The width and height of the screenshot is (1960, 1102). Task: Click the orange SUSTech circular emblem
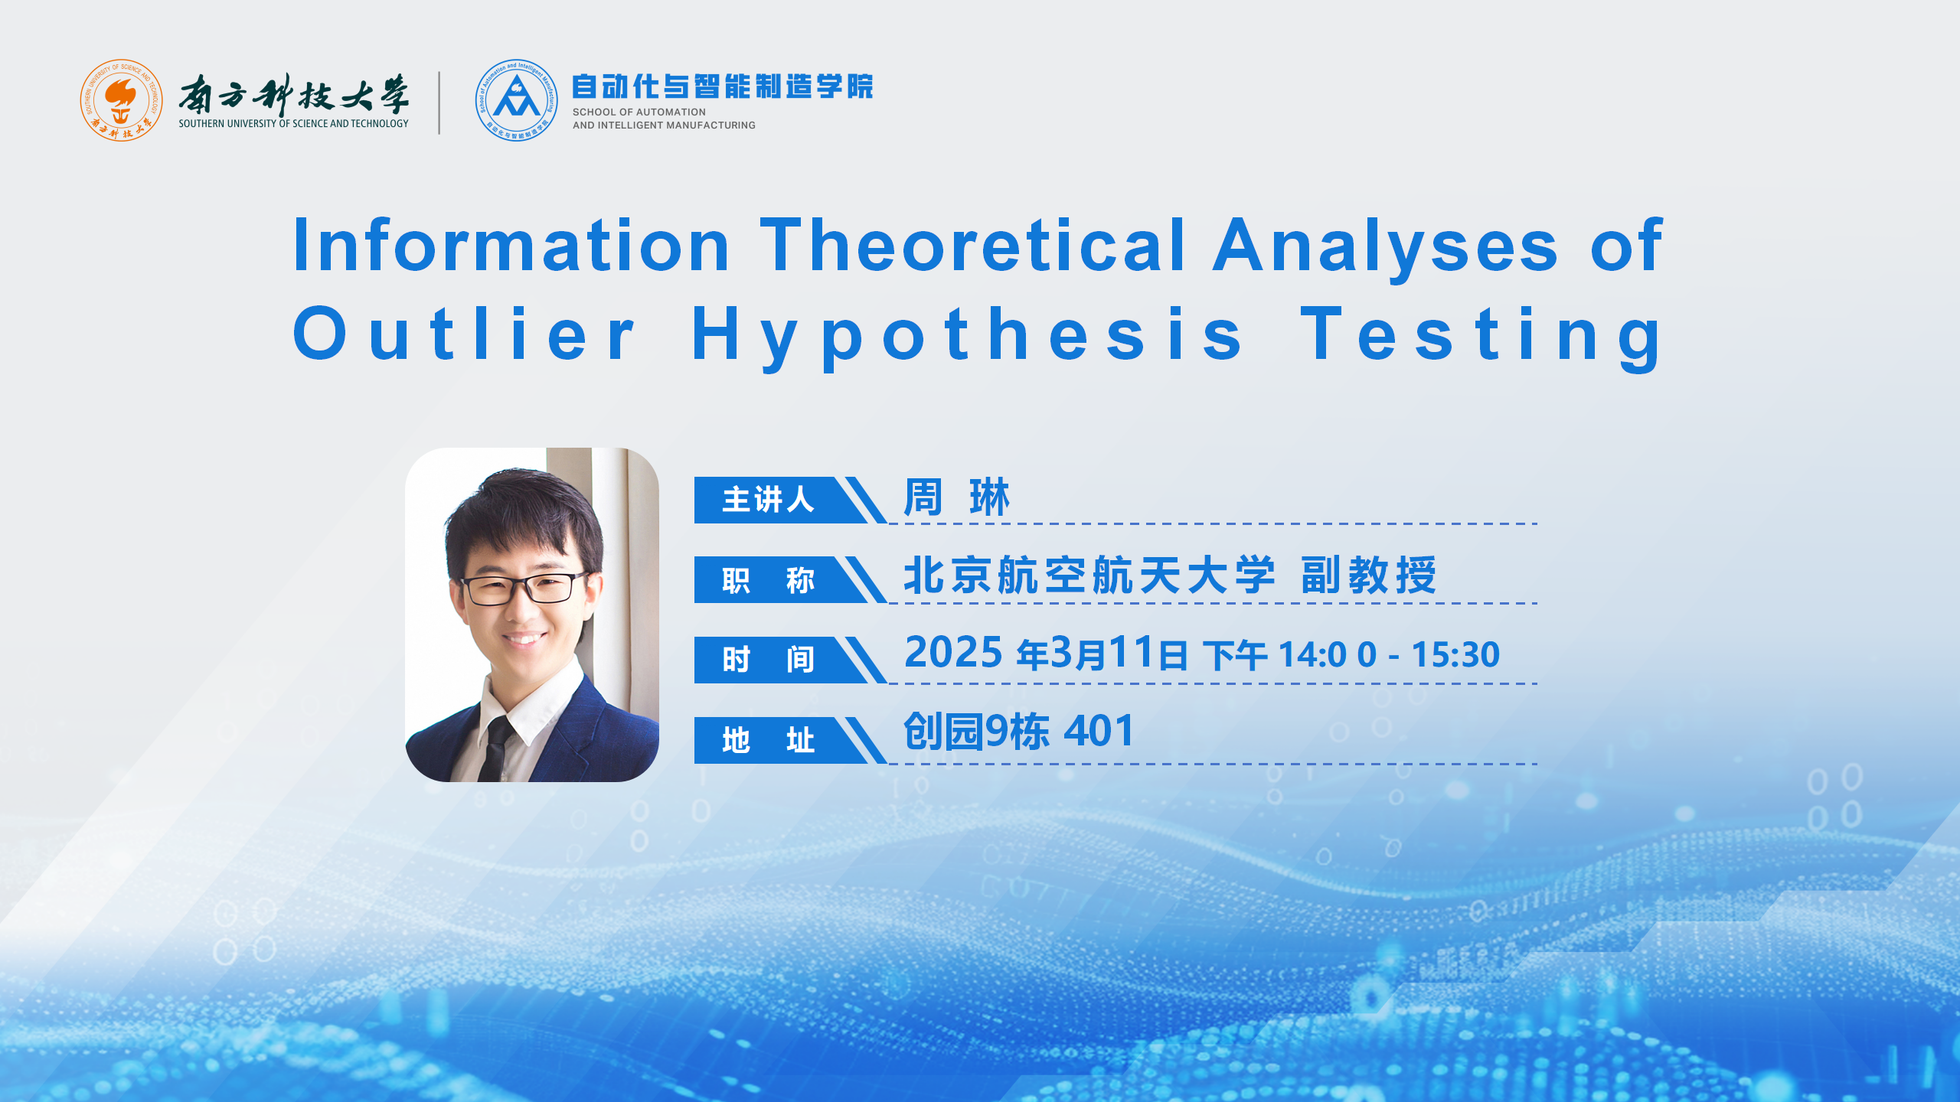coord(121,100)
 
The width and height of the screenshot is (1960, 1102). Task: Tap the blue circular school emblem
coord(516,100)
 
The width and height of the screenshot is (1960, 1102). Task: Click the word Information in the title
coord(511,245)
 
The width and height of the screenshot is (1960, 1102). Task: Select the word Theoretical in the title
coord(972,245)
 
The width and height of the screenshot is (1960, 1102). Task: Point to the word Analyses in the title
coord(1385,249)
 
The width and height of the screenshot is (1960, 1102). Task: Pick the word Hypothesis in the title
coord(967,337)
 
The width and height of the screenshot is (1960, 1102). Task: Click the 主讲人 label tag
coord(768,500)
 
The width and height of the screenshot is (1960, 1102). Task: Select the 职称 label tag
coord(768,580)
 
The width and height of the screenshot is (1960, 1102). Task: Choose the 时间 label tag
coord(768,660)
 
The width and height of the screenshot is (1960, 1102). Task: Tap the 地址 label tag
coord(768,740)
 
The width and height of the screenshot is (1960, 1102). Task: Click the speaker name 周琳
coord(957,497)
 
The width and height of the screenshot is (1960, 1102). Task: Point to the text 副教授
coord(1369,575)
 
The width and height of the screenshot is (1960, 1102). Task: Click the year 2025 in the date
coord(953,653)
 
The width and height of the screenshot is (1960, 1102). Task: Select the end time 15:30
coord(1455,655)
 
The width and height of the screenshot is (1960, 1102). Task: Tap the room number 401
coord(1099,731)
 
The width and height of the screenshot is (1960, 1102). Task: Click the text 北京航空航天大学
coord(1089,575)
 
